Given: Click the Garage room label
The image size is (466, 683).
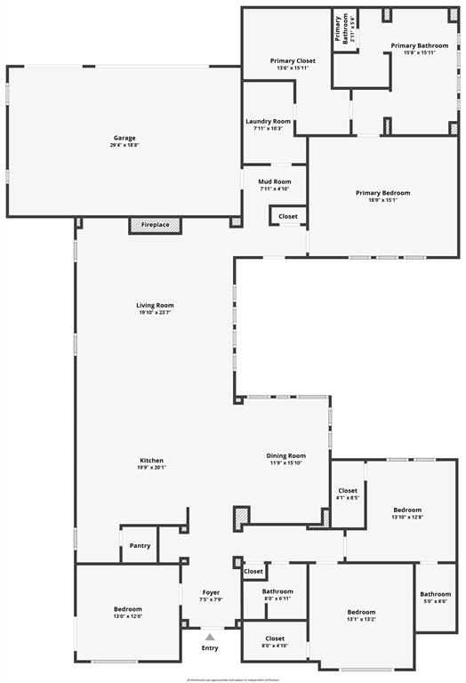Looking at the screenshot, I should click(125, 138).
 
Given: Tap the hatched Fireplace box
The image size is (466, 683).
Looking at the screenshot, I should click(155, 225).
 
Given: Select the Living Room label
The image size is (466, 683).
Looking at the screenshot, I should click(155, 305).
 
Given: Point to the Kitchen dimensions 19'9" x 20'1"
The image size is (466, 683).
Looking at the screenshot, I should click(151, 467).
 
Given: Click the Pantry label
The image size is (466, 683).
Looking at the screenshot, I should click(140, 545).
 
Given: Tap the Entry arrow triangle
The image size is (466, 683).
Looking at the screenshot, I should click(210, 637).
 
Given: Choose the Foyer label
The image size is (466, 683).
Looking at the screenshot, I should click(211, 592).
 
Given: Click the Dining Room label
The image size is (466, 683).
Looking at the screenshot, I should click(285, 455).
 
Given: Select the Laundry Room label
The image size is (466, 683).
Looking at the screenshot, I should click(268, 121).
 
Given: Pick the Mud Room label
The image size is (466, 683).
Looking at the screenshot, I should click(275, 181).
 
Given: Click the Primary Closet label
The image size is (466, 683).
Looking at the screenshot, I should click(293, 60).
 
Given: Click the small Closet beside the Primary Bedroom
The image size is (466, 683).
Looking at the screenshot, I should click(288, 216).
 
